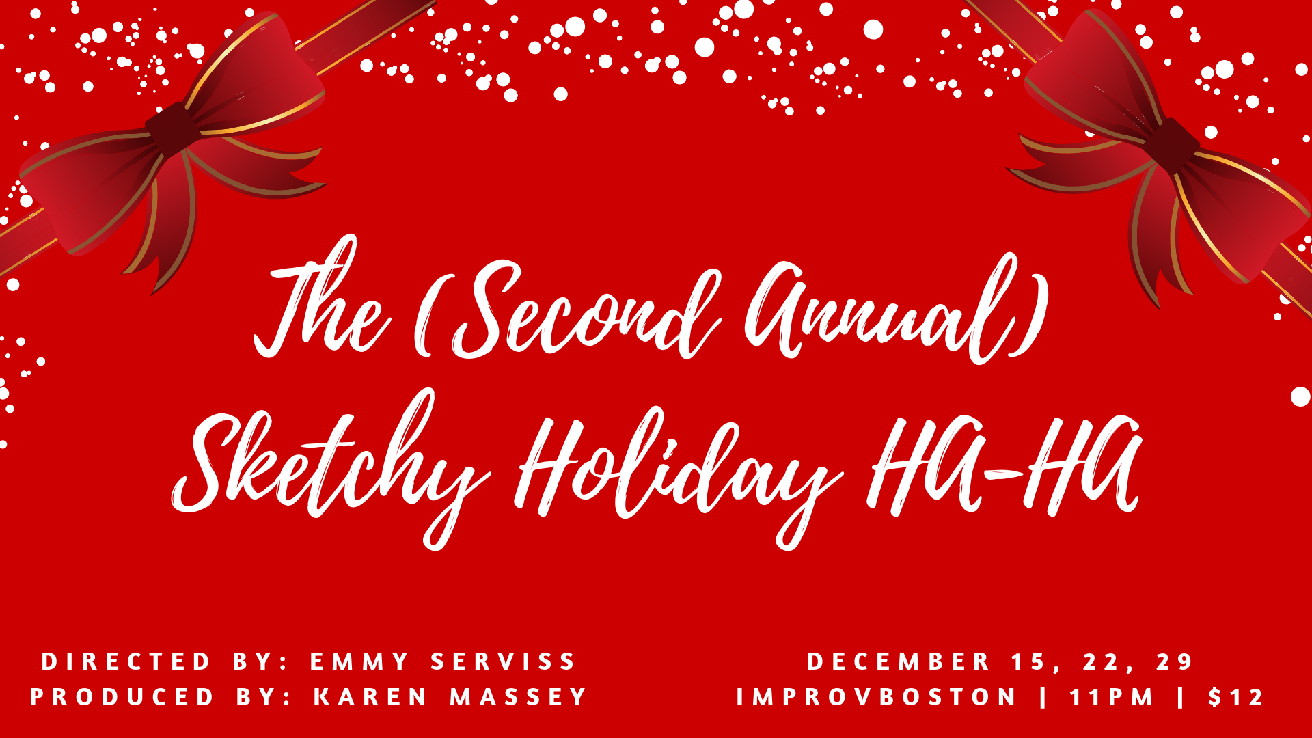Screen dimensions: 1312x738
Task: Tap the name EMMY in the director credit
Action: [359, 661]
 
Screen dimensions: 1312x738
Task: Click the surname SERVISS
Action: [503, 661]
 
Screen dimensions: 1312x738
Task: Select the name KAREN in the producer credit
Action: [370, 697]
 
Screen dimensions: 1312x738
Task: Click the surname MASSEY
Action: [518, 697]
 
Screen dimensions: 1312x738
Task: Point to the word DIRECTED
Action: [126, 661]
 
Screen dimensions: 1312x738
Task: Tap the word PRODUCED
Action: [122, 697]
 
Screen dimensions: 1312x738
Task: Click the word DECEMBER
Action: [899, 661]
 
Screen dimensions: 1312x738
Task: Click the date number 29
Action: [1174, 661]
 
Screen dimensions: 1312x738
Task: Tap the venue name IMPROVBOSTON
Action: [877, 697]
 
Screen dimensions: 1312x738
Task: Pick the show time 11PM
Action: [1111, 697]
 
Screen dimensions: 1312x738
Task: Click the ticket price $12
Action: [1235, 697]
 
